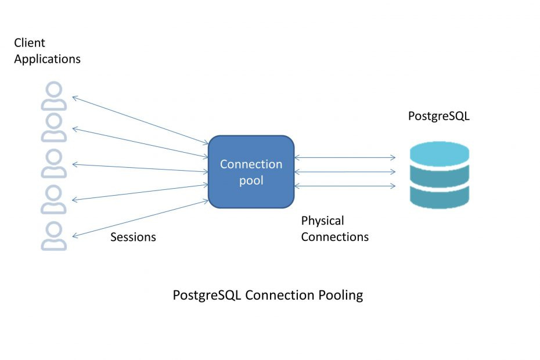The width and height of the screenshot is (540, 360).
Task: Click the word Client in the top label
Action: click(29, 43)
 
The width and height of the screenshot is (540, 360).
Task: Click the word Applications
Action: click(47, 59)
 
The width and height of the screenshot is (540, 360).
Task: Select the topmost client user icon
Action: click(54, 96)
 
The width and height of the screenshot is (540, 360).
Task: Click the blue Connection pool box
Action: click(251, 172)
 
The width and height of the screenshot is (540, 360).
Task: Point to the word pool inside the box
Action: click(251, 181)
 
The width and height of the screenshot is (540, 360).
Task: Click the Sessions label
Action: click(133, 237)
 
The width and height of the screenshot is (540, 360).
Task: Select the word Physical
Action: click(322, 221)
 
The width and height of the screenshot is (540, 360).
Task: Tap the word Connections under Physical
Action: click(334, 237)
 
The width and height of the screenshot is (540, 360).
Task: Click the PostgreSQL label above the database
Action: click(438, 116)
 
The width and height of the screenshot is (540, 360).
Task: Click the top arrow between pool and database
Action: click(345, 157)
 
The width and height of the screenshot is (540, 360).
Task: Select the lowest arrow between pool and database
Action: click(345, 186)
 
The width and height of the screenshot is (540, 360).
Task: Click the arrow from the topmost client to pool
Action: click(139, 120)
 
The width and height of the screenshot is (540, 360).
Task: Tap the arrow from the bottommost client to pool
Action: click(139, 218)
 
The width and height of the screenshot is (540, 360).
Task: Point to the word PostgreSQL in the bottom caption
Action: click(207, 295)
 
